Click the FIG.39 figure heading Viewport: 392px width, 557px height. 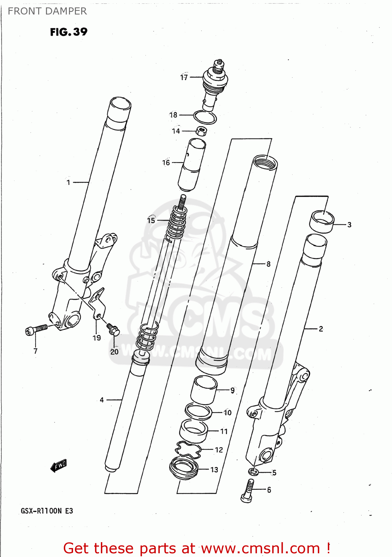69,32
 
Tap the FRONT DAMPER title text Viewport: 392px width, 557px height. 47,11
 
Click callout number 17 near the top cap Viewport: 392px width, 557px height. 184,77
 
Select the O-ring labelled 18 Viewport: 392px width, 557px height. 205,118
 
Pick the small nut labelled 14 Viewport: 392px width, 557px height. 201,131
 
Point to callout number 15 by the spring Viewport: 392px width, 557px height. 151,220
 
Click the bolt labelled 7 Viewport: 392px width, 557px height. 36,329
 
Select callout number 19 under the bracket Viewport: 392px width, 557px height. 97,338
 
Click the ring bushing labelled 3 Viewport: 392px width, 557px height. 322,221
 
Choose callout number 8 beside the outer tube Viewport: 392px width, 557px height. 269,264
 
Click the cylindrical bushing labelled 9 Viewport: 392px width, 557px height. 204,390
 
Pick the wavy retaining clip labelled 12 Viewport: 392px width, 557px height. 188,450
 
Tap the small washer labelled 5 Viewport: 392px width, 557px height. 253,472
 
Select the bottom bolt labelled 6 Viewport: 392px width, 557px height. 248,490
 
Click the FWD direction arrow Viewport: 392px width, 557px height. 59,465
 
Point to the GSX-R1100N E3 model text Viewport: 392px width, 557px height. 47,511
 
